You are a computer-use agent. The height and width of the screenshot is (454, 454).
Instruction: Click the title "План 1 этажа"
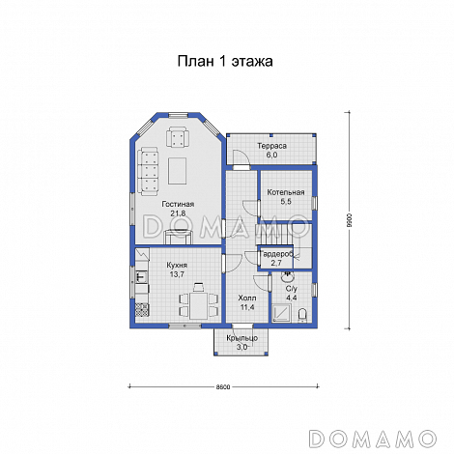click(225, 61)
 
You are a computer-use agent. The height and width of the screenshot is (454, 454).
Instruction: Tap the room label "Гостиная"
click(178, 204)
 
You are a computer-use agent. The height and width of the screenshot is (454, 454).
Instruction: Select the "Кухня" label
click(177, 266)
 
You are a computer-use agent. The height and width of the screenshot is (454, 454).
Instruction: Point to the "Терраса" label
click(272, 146)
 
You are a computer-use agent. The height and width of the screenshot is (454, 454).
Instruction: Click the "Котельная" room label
click(286, 192)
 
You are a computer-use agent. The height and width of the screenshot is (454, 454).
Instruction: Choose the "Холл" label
click(247, 298)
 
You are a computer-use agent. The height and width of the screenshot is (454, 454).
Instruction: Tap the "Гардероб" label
click(277, 254)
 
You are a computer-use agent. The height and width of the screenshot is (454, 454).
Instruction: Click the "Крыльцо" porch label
click(241, 338)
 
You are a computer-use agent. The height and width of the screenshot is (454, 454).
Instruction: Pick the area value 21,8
click(178, 213)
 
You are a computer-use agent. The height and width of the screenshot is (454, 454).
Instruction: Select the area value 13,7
click(177, 274)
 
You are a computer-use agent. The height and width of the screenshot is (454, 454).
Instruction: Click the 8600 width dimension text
click(223, 387)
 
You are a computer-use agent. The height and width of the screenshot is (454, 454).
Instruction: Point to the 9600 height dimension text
click(349, 220)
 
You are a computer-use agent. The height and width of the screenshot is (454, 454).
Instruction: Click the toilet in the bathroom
click(302, 315)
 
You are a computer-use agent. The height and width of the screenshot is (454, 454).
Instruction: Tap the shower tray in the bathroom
click(282, 313)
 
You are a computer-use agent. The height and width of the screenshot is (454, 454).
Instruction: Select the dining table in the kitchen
click(199, 305)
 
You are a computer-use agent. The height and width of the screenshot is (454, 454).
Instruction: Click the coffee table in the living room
click(177, 171)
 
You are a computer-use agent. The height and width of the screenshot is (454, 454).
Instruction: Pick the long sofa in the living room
click(148, 171)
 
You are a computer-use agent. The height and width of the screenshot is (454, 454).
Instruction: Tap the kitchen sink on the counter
click(141, 276)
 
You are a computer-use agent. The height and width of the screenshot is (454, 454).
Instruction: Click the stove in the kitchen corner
click(142, 310)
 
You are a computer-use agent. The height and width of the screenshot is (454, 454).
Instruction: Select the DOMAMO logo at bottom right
click(373, 439)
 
